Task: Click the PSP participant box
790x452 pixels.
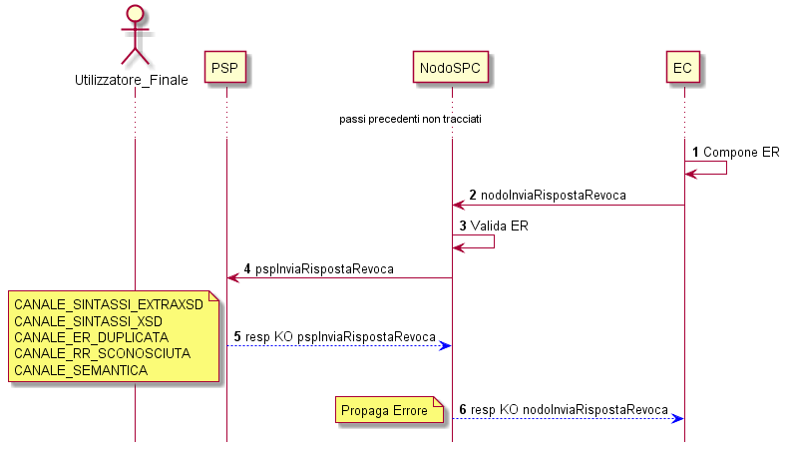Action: [x=225, y=67]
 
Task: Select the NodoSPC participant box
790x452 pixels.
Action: [x=451, y=67]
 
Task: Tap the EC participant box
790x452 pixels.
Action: [x=682, y=67]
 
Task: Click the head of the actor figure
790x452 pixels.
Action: [x=135, y=14]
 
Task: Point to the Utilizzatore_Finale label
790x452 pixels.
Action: [x=132, y=80]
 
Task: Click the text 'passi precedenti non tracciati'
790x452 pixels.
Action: [x=410, y=119]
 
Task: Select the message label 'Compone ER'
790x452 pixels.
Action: [x=741, y=153]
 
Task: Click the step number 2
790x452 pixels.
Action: [x=473, y=195]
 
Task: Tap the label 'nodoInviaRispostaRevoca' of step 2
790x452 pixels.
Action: [x=554, y=195]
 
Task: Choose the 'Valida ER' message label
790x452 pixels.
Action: [x=500, y=226]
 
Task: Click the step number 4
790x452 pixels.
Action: [x=247, y=268]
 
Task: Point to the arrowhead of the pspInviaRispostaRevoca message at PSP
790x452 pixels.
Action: [x=232, y=277]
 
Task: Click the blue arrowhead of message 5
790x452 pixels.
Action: [x=446, y=345]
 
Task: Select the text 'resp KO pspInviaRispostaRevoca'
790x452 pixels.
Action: [x=340, y=336]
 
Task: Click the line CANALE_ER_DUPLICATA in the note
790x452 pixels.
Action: [x=91, y=337]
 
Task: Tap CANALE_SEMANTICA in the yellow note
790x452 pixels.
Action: [x=81, y=370]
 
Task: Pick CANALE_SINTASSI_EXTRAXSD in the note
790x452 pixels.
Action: [x=109, y=304]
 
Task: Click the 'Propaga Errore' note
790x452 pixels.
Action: [x=389, y=410]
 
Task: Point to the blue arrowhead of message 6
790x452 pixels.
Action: [x=677, y=419]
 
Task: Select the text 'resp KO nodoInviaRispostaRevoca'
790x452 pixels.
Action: [x=569, y=410]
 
